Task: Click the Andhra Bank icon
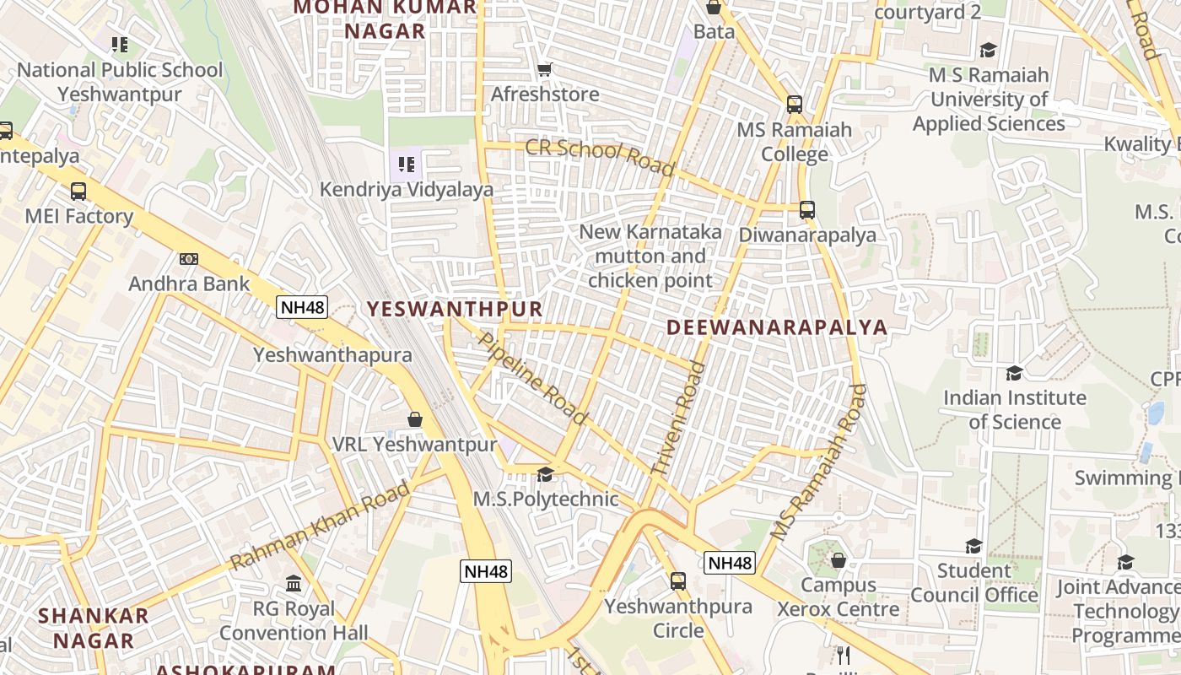[x=189, y=259]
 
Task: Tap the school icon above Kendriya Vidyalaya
[x=406, y=165]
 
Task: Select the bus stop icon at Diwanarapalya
[x=807, y=210]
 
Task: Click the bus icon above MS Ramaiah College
[x=794, y=105]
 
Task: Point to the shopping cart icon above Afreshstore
[x=545, y=69]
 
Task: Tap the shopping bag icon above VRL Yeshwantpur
[x=415, y=419]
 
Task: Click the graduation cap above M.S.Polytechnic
[x=545, y=474]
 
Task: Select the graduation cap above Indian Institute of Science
[x=1014, y=373]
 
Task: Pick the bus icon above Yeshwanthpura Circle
[x=678, y=581]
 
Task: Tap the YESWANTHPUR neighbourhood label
[x=456, y=309]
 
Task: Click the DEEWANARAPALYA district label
[x=777, y=327]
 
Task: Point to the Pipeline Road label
[x=532, y=378]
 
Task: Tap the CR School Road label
[x=600, y=158]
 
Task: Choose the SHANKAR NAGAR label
[x=93, y=628]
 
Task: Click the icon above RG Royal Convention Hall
[x=294, y=584]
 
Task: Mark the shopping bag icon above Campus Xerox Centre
[x=839, y=560]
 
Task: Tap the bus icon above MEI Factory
[x=78, y=192]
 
